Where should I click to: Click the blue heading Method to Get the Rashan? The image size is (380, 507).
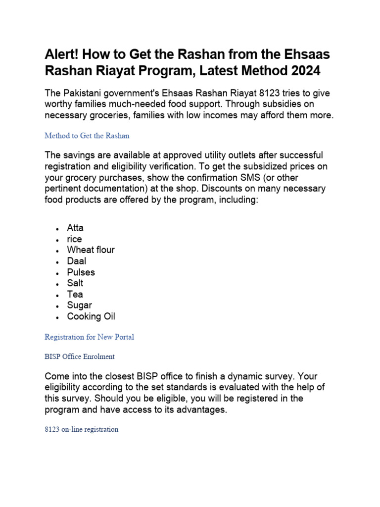(87, 135)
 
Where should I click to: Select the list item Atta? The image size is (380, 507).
(75, 228)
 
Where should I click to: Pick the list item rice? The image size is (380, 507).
(74, 239)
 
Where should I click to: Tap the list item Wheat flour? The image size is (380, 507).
(91, 250)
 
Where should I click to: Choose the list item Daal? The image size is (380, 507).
(76, 261)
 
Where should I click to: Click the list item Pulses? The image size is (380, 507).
(81, 272)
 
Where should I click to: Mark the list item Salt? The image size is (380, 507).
(75, 283)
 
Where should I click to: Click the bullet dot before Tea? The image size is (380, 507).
(58, 295)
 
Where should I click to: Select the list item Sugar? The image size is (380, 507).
(79, 305)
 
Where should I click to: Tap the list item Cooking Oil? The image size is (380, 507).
(91, 316)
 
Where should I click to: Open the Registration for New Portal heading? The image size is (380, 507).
(89, 337)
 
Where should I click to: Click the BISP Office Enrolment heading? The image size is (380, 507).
(80, 356)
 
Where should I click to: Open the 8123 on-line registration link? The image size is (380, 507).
(81, 429)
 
